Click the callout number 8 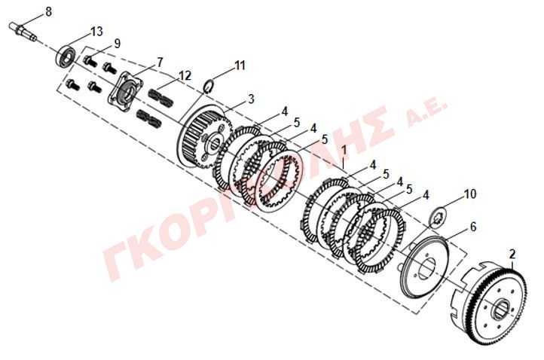(x=48, y=11)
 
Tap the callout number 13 (x=96, y=32)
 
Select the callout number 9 (x=117, y=44)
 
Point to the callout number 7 (x=159, y=63)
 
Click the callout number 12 (x=185, y=75)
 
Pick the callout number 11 (x=240, y=66)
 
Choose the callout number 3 (x=251, y=99)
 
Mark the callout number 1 (x=344, y=151)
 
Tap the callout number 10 (x=470, y=194)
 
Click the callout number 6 (x=473, y=227)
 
